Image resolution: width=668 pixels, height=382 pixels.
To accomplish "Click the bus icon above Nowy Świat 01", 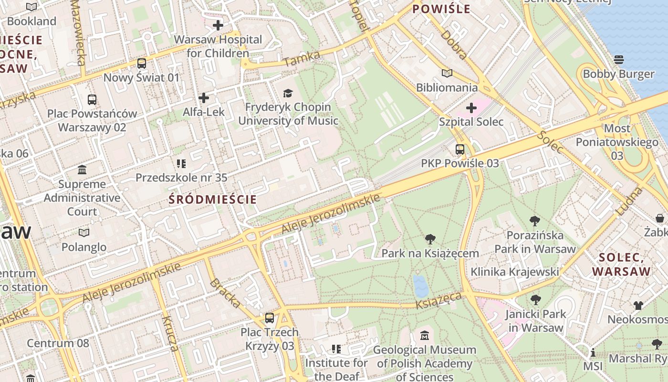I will coord(142,63).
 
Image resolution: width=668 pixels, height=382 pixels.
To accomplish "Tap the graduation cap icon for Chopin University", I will coord(288,93).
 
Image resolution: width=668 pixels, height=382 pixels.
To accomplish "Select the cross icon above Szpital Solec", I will coord(471,108).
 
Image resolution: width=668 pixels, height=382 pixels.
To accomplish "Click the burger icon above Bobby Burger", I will coord(619,60).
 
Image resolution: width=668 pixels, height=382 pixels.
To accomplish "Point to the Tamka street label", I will coord(301,59).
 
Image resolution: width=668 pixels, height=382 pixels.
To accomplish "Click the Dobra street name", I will coord(454,45).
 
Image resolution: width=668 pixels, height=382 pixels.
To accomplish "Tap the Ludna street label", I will coord(629,201).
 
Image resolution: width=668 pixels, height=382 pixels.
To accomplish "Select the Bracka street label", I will coord(225,293).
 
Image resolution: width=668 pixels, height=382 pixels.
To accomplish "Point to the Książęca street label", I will coord(439,301).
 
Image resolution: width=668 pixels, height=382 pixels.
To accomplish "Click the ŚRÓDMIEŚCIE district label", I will coord(213,200).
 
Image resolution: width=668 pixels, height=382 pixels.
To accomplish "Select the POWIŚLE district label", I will coord(441,9).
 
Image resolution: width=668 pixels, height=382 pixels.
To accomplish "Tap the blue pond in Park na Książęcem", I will coord(420,286).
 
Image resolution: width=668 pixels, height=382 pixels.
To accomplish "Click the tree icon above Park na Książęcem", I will coord(430,239).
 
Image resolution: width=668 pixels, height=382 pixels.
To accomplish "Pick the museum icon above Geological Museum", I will coord(425,336).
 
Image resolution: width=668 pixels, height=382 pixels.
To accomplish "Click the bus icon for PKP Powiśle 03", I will coord(460,149).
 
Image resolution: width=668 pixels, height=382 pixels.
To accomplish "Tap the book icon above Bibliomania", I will coord(447,73).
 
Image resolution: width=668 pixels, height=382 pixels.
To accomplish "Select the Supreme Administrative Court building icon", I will coord(82,170).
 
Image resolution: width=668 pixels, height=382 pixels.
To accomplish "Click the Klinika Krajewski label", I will coord(514,272).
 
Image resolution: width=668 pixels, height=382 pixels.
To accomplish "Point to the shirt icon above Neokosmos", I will coord(638,305).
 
